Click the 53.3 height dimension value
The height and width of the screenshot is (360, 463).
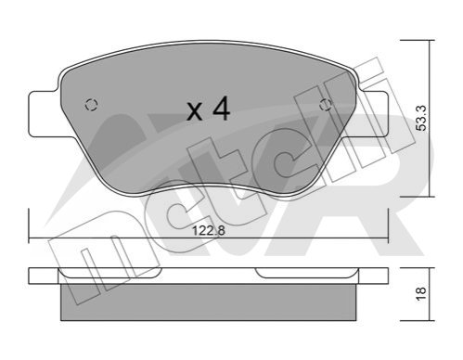[422, 118]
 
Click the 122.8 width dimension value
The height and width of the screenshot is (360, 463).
[209, 231]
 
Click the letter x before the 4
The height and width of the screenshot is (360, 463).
[195, 112]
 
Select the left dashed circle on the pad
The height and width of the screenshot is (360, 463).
[92, 105]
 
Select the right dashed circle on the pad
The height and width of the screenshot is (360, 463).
[325, 105]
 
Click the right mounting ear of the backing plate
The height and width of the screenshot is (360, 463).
[373, 113]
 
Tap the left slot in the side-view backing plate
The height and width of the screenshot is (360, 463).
[109, 273]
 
